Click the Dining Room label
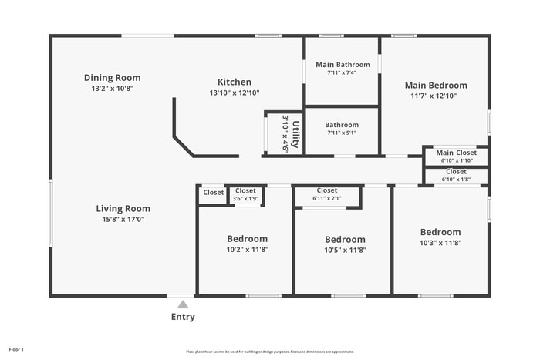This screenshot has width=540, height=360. point(112,78)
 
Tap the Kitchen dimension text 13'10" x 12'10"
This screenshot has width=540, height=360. point(234,93)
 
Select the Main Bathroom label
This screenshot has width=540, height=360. point(343,64)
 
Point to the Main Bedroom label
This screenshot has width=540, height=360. point(436,85)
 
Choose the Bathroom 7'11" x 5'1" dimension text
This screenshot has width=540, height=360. point(342,133)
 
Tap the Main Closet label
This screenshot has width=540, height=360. point(456,153)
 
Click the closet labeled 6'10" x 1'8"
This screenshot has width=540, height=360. point(456,176)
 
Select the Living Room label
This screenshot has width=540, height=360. point(123,208)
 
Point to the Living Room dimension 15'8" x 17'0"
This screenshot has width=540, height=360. point(123,219)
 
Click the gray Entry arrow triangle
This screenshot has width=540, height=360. point(183,304)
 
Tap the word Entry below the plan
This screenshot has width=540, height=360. point(183,317)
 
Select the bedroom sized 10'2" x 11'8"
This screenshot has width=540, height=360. point(247,244)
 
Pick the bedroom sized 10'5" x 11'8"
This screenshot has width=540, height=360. point(345,244)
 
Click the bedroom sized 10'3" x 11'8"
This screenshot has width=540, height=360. point(440,237)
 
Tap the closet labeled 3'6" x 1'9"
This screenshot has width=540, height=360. point(245,195)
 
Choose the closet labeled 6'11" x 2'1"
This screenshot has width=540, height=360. point(327,194)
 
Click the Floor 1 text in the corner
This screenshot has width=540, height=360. point(17,349)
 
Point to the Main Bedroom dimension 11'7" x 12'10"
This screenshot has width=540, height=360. point(436,96)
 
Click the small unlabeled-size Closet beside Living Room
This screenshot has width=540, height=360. point(213,193)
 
